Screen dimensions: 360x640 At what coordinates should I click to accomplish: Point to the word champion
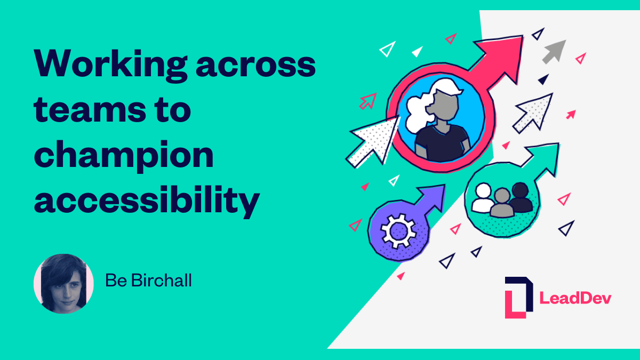coord(124,156)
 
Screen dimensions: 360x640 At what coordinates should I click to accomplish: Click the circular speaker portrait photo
coord(63,283)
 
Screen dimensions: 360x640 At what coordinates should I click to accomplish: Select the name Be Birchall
coord(148,281)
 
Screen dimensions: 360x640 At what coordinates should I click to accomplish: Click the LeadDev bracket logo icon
coord(518,297)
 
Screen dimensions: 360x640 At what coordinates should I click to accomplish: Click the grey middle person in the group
coord(501,203)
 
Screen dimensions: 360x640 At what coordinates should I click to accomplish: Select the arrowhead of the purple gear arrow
coord(434,193)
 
